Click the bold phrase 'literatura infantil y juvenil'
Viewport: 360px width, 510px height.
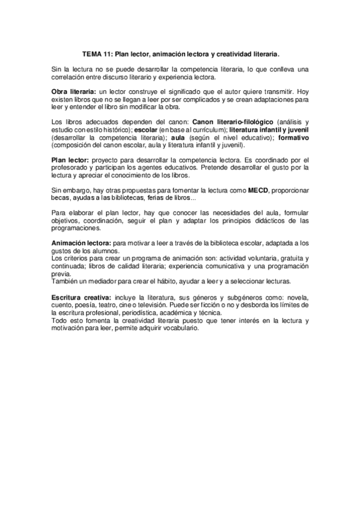(x=269, y=131)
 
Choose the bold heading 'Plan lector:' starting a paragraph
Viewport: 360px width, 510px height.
(x=70, y=159)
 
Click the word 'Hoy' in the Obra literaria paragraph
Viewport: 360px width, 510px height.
(x=302, y=90)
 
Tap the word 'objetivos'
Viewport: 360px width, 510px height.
(x=65, y=222)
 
